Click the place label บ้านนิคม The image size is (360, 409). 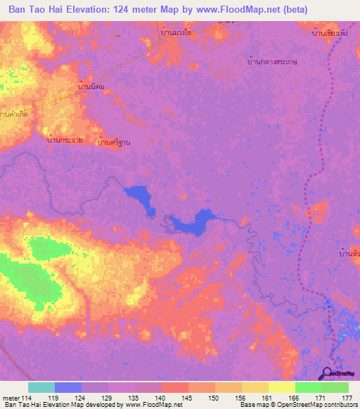tap(91, 86)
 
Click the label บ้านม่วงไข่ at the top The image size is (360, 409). tap(176, 33)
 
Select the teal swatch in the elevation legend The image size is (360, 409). tap(41, 387)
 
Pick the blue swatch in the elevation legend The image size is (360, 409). tap(67, 387)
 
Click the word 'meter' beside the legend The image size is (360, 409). tap(11, 398)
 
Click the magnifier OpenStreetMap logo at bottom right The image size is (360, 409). tap(328, 373)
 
